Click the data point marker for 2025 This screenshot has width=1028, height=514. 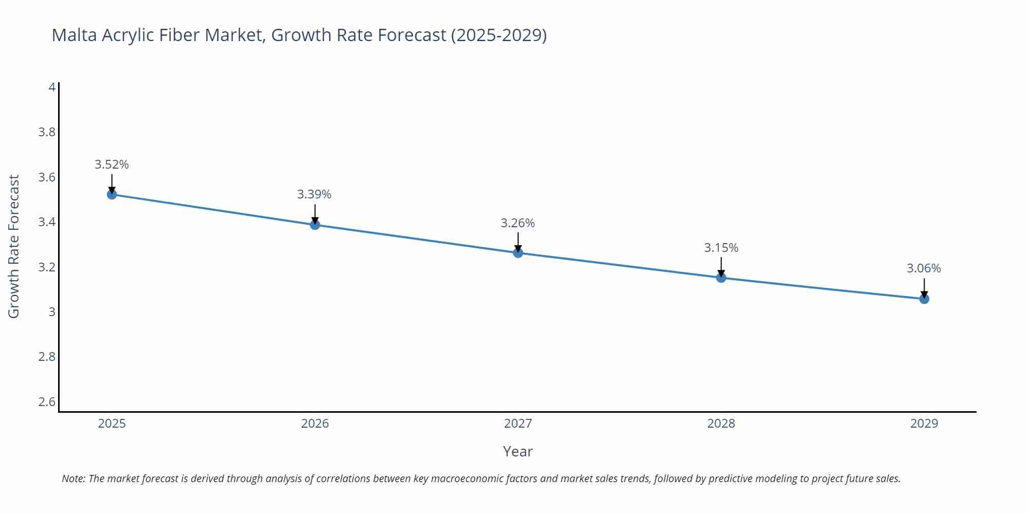[x=112, y=194]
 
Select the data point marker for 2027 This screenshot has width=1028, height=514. [x=518, y=253]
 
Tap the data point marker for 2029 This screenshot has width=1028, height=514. [x=924, y=299]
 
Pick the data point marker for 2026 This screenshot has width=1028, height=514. [x=315, y=225]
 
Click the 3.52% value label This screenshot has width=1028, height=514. [x=112, y=164]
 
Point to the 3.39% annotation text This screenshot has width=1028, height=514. [x=314, y=194]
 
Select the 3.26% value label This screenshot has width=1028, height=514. [x=518, y=223]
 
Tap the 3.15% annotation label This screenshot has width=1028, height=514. [x=721, y=248]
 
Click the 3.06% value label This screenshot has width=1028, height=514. [x=923, y=268]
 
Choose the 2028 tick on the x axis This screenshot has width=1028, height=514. [x=721, y=424]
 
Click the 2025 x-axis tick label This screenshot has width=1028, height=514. [x=112, y=424]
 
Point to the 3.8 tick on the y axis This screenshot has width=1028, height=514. [x=47, y=132]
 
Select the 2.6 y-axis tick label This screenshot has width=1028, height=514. [x=47, y=401]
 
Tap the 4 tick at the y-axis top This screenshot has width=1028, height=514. [x=52, y=87]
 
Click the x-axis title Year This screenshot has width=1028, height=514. [x=518, y=451]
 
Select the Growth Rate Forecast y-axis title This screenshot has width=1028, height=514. [x=14, y=246]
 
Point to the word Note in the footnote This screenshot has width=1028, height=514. [x=73, y=479]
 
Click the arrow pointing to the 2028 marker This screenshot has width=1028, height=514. [x=721, y=266]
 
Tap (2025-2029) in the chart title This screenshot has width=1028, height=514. [x=499, y=35]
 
